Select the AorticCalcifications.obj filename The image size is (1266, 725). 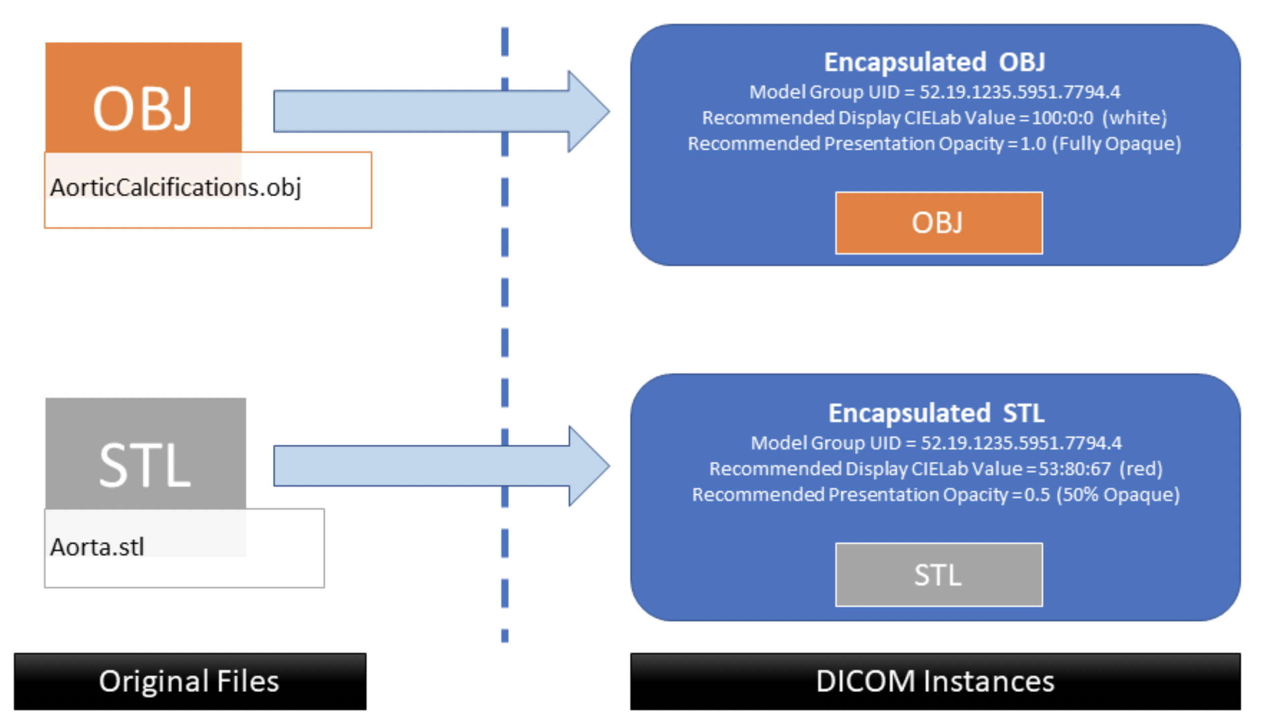point(176,188)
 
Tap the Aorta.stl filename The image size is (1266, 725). point(97,547)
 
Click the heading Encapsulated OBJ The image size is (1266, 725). point(934,63)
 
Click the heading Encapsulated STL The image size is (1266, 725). point(936,413)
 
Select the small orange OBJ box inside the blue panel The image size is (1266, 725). point(938,223)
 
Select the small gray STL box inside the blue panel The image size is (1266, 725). point(938,574)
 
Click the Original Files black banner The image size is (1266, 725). point(190,681)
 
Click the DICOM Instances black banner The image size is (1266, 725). point(935,681)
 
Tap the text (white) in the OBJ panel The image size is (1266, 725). point(1135,118)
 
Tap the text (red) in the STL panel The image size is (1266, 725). point(1141,469)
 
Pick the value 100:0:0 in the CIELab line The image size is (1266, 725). point(1062,118)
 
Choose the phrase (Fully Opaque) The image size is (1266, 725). point(1116,144)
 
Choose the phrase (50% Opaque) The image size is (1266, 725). point(1118,494)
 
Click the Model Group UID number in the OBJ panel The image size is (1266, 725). point(1020,92)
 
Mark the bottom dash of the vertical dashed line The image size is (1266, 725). point(504,635)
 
